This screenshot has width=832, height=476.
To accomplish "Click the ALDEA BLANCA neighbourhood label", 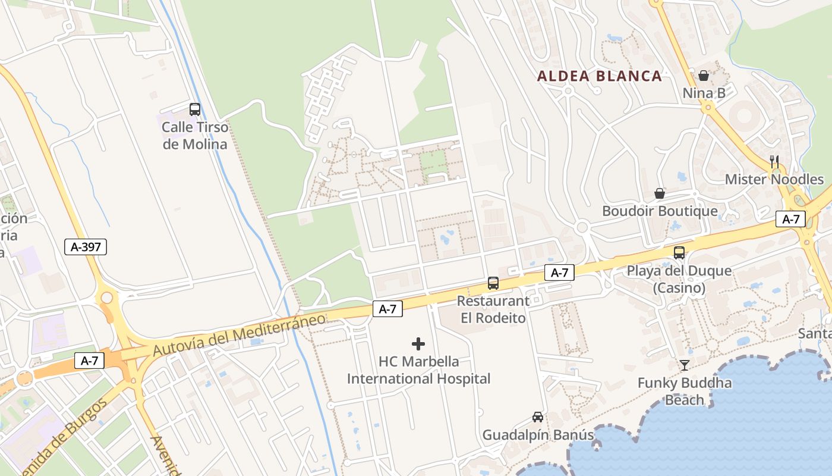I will click(x=599, y=76).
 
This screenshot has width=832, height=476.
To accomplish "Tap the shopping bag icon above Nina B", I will click(x=704, y=76).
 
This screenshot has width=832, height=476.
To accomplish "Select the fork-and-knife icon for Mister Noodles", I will click(x=774, y=161).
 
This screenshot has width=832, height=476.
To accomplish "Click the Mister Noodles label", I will click(x=774, y=179).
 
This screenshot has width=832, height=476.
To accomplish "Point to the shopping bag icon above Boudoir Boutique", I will click(x=660, y=193).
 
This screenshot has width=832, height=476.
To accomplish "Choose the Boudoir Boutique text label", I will click(x=660, y=211).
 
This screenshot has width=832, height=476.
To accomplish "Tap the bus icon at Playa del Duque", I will click(x=679, y=253).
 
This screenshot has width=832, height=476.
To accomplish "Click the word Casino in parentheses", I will click(x=679, y=288).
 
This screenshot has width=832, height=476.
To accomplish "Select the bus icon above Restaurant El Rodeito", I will click(x=493, y=283).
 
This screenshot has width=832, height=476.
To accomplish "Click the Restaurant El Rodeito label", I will click(x=493, y=309).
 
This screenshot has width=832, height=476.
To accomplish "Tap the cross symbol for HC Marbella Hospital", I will click(x=418, y=344).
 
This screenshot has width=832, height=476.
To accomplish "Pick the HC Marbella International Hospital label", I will click(x=418, y=370).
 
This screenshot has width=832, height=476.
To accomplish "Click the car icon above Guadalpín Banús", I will click(x=538, y=417).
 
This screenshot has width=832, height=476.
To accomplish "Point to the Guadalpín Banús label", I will click(x=538, y=435).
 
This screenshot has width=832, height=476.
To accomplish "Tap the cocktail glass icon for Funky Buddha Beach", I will click(x=685, y=365).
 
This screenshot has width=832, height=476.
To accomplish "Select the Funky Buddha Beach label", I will click(x=685, y=391).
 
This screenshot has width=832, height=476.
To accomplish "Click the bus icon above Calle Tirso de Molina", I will click(x=195, y=109).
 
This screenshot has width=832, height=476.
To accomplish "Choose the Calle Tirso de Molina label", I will click(x=195, y=136).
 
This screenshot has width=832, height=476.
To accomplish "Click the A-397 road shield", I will click(x=86, y=247).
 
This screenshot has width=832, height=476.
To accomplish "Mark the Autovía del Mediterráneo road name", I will click(x=239, y=335).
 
